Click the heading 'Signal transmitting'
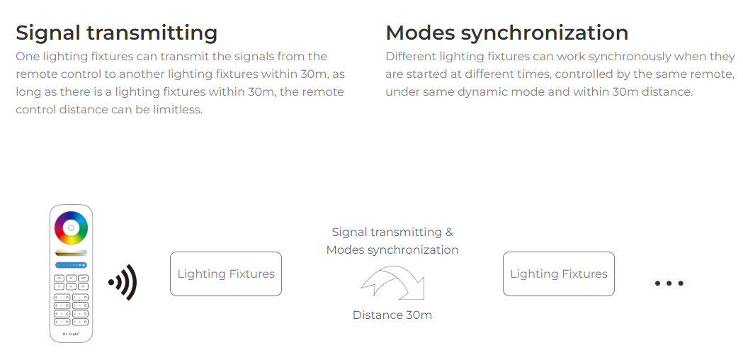tap(117, 33)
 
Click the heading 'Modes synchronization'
tap(507, 33)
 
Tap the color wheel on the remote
tap(71, 228)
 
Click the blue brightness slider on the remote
tap(71, 265)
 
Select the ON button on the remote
tap(59, 278)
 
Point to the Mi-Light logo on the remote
tap(71, 334)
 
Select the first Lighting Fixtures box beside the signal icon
tap(226, 274)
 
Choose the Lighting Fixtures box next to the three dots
tap(559, 274)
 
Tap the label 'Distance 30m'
tap(392, 315)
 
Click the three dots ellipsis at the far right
tap(669, 283)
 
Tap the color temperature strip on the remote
tap(71, 253)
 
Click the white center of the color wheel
tap(71, 228)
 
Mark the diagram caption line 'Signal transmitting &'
tap(392, 232)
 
